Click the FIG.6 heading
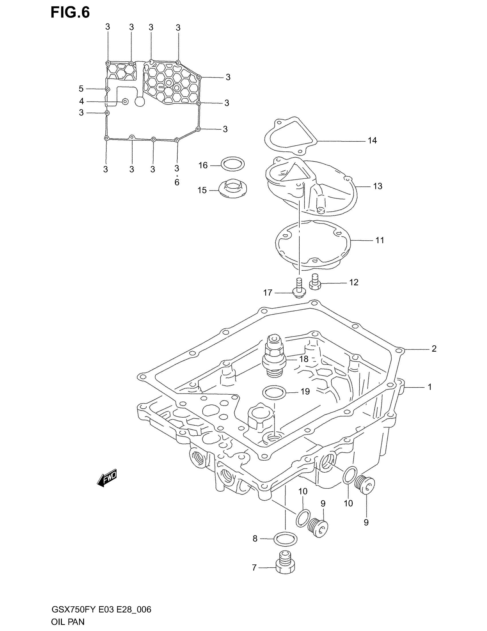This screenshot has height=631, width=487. click(70, 13)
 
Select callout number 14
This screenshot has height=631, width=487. click(372, 141)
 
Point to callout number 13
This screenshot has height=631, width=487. click(377, 186)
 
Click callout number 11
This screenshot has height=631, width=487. click(380, 240)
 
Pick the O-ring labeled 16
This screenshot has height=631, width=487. click(232, 164)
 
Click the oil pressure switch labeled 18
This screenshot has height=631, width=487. click(274, 356)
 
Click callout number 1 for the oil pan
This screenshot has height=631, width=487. click(430, 387)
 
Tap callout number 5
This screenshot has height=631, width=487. click(81, 89)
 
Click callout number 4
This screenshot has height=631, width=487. click(82, 102)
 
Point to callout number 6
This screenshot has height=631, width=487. click(177, 182)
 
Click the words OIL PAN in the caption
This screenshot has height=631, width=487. click(68, 622)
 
